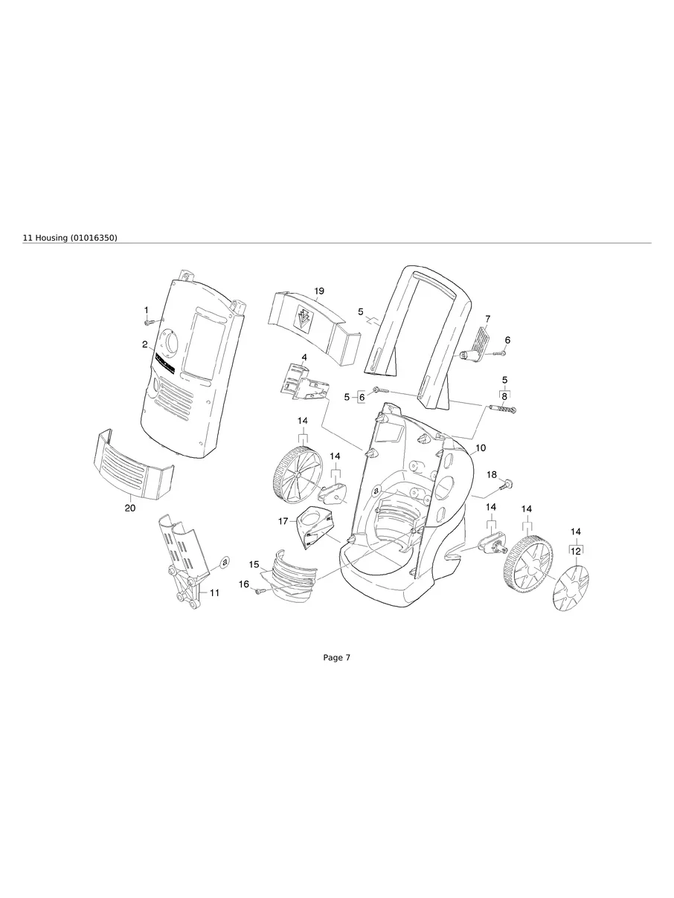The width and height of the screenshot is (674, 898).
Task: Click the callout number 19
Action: [x=319, y=291]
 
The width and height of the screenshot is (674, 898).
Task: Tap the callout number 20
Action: [x=130, y=508]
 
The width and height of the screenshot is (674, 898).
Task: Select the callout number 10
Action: [x=481, y=448]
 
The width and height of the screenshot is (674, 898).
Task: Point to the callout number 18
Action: [x=492, y=474]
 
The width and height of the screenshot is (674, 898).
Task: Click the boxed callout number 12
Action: [x=576, y=551]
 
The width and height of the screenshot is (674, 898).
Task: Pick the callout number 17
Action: [x=283, y=521]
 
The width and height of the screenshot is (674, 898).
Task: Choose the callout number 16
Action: [x=244, y=584]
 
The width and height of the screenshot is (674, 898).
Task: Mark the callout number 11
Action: [x=214, y=592]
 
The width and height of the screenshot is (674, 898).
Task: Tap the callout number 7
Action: [x=487, y=318]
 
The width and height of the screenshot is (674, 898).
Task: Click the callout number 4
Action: [x=304, y=358]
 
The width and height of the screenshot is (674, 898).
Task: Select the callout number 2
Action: [x=145, y=344]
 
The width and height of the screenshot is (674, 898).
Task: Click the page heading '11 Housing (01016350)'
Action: [x=71, y=237]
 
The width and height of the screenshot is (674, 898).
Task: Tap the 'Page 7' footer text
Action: [x=336, y=657]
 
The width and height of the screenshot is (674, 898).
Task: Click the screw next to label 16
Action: [x=260, y=591]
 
